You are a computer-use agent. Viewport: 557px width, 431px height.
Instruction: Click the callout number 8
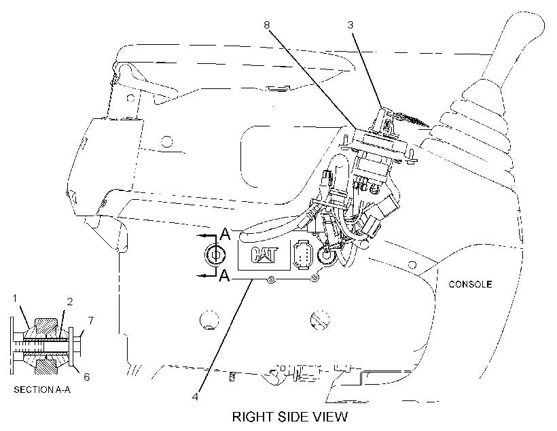coord(267,25)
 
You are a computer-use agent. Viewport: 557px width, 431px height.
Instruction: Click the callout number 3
coord(351,25)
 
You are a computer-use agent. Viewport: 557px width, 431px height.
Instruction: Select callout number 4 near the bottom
coord(195,396)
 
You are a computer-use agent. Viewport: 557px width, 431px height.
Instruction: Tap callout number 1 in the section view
coord(14,298)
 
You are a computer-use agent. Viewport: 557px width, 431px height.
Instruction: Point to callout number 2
coord(69,302)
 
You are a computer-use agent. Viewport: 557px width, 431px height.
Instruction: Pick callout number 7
coord(91,320)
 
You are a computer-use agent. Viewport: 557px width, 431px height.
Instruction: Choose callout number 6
coord(87,377)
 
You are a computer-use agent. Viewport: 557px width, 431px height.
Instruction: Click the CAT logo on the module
coord(264,255)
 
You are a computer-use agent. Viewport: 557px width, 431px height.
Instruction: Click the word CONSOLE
coord(470,284)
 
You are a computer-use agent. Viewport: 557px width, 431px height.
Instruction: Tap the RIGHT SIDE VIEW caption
coord(290,417)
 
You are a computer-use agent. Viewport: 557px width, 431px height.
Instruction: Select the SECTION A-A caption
coord(42,390)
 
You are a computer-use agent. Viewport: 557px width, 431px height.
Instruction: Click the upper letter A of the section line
coord(226,235)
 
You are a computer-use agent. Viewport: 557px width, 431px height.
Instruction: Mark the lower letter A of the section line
coord(225,275)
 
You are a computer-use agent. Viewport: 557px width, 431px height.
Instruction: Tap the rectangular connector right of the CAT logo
coord(303,255)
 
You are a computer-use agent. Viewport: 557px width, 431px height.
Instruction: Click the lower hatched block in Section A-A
coord(45,366)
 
